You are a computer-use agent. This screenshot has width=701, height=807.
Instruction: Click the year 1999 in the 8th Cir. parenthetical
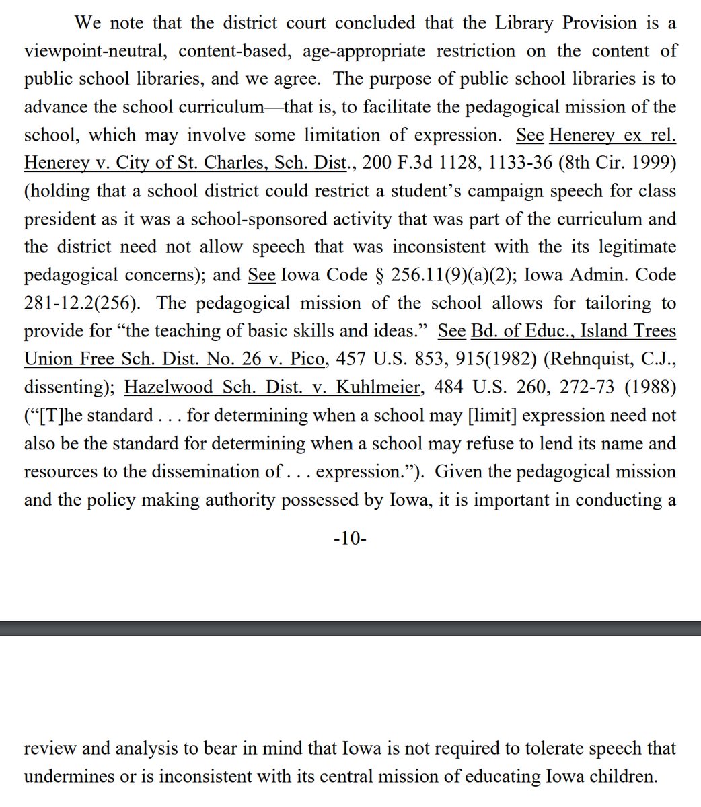tap(653, 163)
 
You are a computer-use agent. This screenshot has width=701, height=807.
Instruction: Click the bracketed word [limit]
tap(492, 415)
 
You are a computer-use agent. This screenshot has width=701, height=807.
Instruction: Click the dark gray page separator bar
tap(350, 628)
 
